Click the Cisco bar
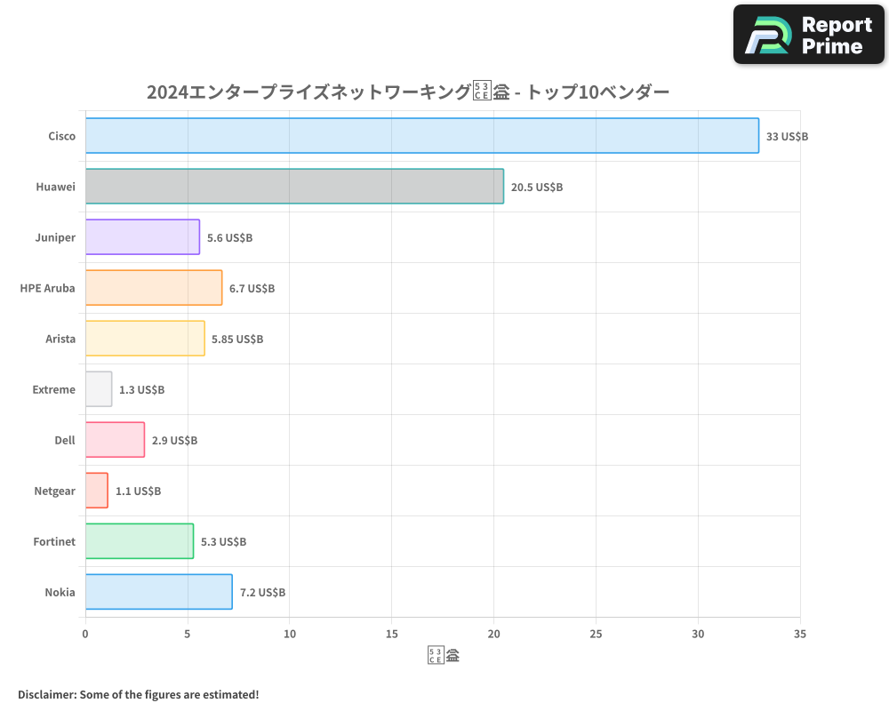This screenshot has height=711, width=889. [422, 136]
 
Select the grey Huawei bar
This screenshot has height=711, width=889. [294, 187]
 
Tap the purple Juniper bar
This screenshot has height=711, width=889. [142, 237]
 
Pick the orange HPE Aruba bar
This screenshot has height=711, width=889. [154, 288]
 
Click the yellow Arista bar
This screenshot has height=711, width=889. [145, 339]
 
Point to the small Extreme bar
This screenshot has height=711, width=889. [99, 389]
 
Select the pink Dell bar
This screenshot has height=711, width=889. [115, 440]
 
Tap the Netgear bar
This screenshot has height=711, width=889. [97, 491]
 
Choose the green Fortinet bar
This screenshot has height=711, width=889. [140, 541]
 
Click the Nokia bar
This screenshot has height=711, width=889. [158, 592]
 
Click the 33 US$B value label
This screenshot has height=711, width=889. [787, 137]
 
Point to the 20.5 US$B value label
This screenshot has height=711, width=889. [536, 188]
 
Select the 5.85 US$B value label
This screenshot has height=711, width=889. [237, 340]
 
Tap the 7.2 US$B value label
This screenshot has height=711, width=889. [262, 593]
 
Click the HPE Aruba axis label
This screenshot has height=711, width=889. [47, 288]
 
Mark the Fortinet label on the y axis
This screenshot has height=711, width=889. [54, 541]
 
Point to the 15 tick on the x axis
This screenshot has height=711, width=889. [392, 634]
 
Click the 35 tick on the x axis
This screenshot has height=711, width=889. [800, 634]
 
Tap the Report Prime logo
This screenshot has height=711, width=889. [808, 35]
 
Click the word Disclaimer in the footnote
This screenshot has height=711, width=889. [45, 694]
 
